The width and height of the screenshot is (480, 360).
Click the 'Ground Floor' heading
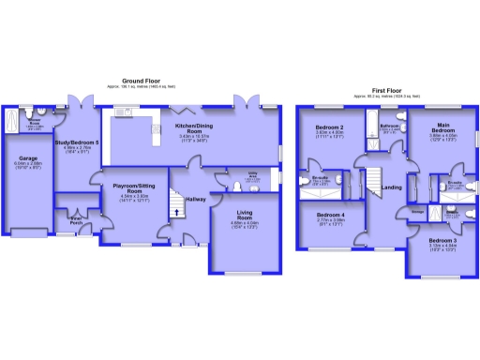coord(147,82)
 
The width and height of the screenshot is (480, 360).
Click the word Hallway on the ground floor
coord(195,199)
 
